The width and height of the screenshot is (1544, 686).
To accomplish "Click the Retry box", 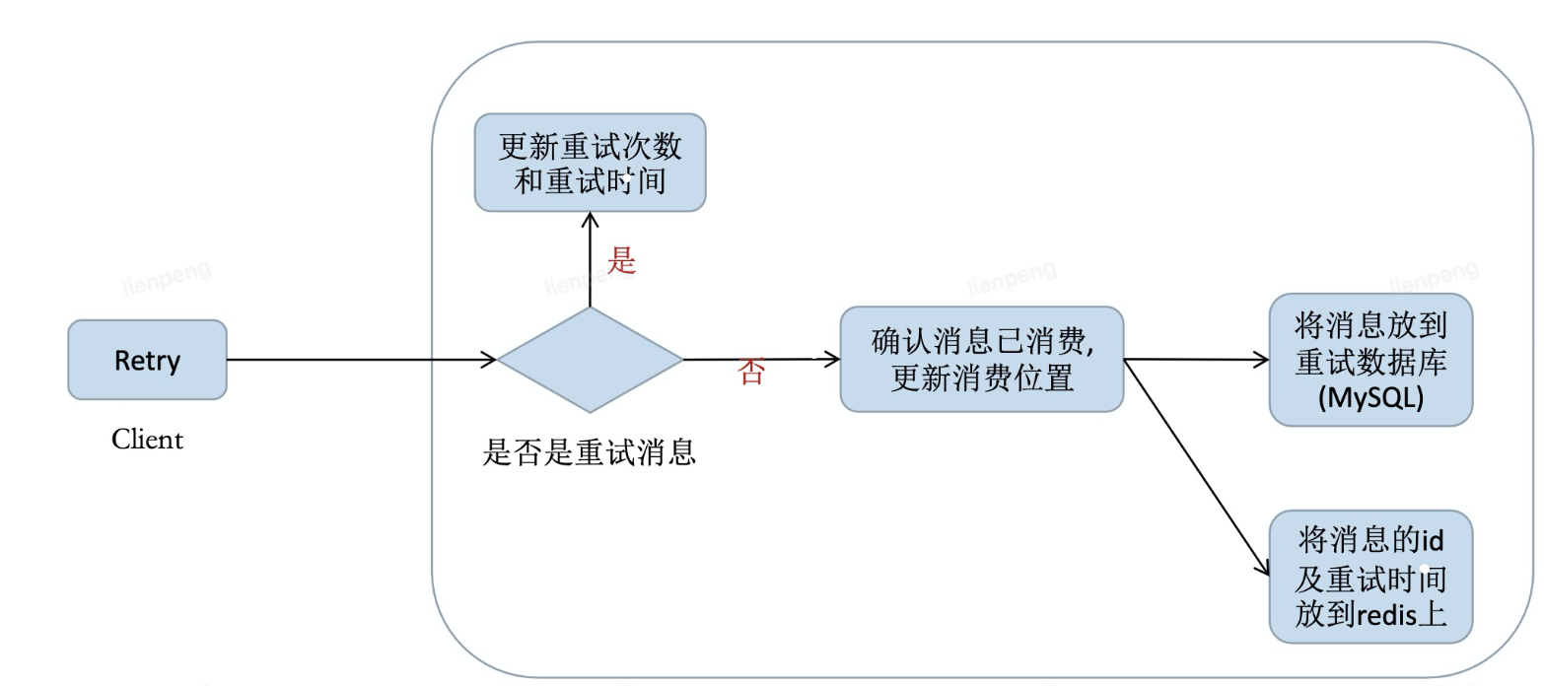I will [147, 360].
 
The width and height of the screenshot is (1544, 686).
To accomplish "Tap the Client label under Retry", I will [147, 439].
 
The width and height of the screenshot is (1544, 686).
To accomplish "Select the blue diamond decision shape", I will [590, 360].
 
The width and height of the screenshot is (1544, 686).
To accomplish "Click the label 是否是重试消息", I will [589, 452].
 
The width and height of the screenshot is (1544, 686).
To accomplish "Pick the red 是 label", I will [621, 260].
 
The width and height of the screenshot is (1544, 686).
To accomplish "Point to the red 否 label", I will [751, 373].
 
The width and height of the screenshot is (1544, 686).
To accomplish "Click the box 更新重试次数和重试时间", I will [590, 163].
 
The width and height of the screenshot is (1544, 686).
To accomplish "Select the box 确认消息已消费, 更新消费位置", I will [981, 360].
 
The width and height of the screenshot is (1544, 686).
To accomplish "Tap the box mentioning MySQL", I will [1370, 360].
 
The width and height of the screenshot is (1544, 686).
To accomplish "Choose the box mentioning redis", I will [1370, 577].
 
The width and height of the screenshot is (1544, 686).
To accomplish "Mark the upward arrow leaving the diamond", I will [590, 261].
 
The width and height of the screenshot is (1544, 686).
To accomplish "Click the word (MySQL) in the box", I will [1370, 400].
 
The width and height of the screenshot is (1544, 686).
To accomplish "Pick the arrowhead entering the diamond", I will [489, 360].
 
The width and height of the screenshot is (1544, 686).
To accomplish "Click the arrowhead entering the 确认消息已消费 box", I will [832, 360].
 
